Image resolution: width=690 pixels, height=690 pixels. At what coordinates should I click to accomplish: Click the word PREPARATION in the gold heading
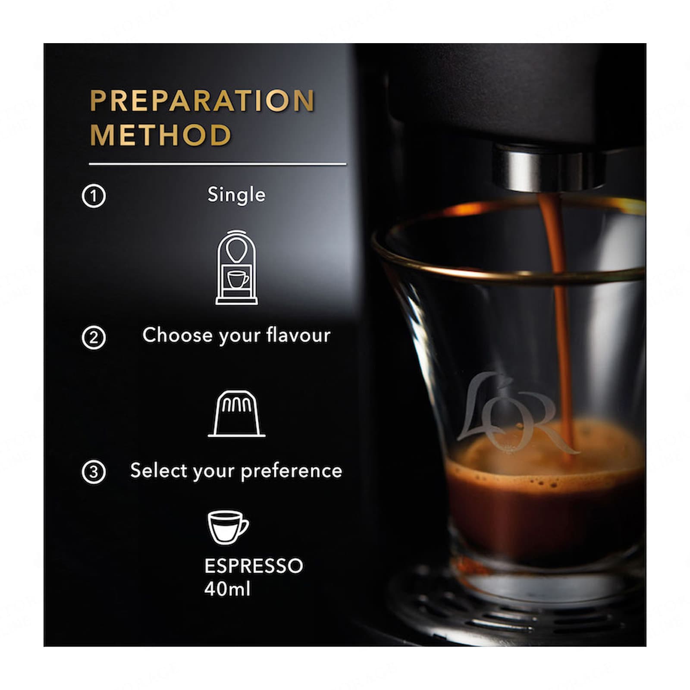pyautogui.click(x=202, y=101)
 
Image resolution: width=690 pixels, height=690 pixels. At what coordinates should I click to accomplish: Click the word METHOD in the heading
pyautogui.click(x=160, y=135)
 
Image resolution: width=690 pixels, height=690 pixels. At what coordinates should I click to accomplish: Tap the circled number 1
pyautogui.click(x=94, y=196)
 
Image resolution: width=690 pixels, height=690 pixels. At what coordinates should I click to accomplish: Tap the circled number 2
pyautogui.click(x=94, y=338)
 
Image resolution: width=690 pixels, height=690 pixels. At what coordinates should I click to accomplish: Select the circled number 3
pyautogui.click(x=94, y=472)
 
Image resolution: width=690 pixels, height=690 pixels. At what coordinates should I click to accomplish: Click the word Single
pyautogui.click(x=236, y=195)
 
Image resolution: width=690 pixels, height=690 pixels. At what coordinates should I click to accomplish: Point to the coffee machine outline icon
pyautogui.click(x=236, y=268)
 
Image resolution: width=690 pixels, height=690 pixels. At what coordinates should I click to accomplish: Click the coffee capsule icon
pyautogui.click(x=236, y=414)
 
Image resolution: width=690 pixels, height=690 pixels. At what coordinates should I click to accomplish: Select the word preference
pyautogui.click(x=292, y=471)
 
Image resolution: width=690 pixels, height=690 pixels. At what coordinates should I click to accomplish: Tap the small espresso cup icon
pyautogui.click(x=227, y=527)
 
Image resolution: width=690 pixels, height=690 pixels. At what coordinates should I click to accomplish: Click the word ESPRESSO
pyautogui.click(x=254, y=566)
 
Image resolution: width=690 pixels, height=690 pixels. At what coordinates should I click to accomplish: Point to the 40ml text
pyautogui.click(x=227, y=589)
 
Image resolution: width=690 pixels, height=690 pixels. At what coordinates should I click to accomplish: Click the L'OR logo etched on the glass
pyautogui.click(x=513, y=414)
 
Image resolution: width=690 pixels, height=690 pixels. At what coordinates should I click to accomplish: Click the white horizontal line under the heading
pyautogui.click(x=217, y=164)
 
